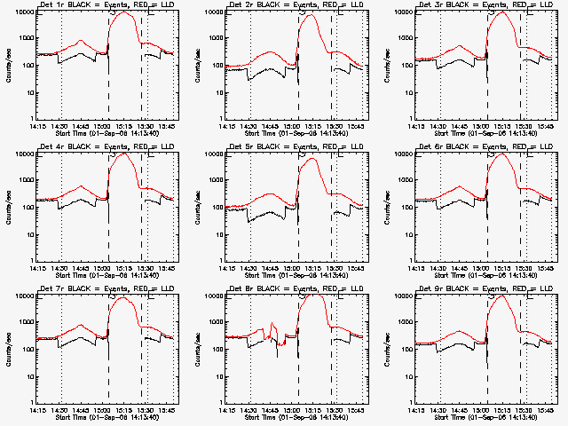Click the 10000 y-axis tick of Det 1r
22,12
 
